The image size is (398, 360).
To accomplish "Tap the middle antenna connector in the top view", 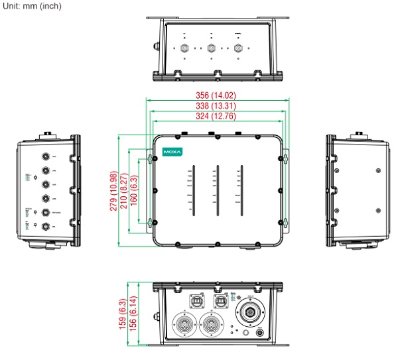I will coord(210,48).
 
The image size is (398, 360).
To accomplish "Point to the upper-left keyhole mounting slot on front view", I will coord(149,157).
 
